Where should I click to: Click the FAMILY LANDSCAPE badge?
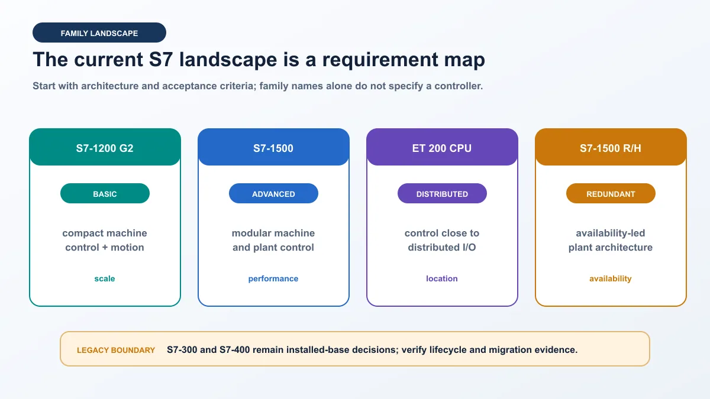(x=99, y=33)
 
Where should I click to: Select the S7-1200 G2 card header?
(x=105, y=147)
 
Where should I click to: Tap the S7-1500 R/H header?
(x=611, y=147)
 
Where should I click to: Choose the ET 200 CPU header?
(x=442, y=147)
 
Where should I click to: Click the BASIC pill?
(x=105, y=193)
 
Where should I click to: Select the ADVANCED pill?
(x=273, y=193)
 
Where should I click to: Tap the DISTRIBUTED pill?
(x=442, y=193)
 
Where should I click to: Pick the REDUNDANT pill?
(x=611, y=193)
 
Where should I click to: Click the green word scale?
(x=105, y=278)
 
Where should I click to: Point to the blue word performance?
(x=273, y=278)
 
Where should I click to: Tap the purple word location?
(x=442, y=278)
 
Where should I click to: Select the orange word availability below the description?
(x=611, y=278)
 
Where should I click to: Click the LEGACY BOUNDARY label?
(x=116, y=350)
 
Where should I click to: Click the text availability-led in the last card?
(x=611, y=233)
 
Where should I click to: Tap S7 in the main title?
(x=161, y=60)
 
